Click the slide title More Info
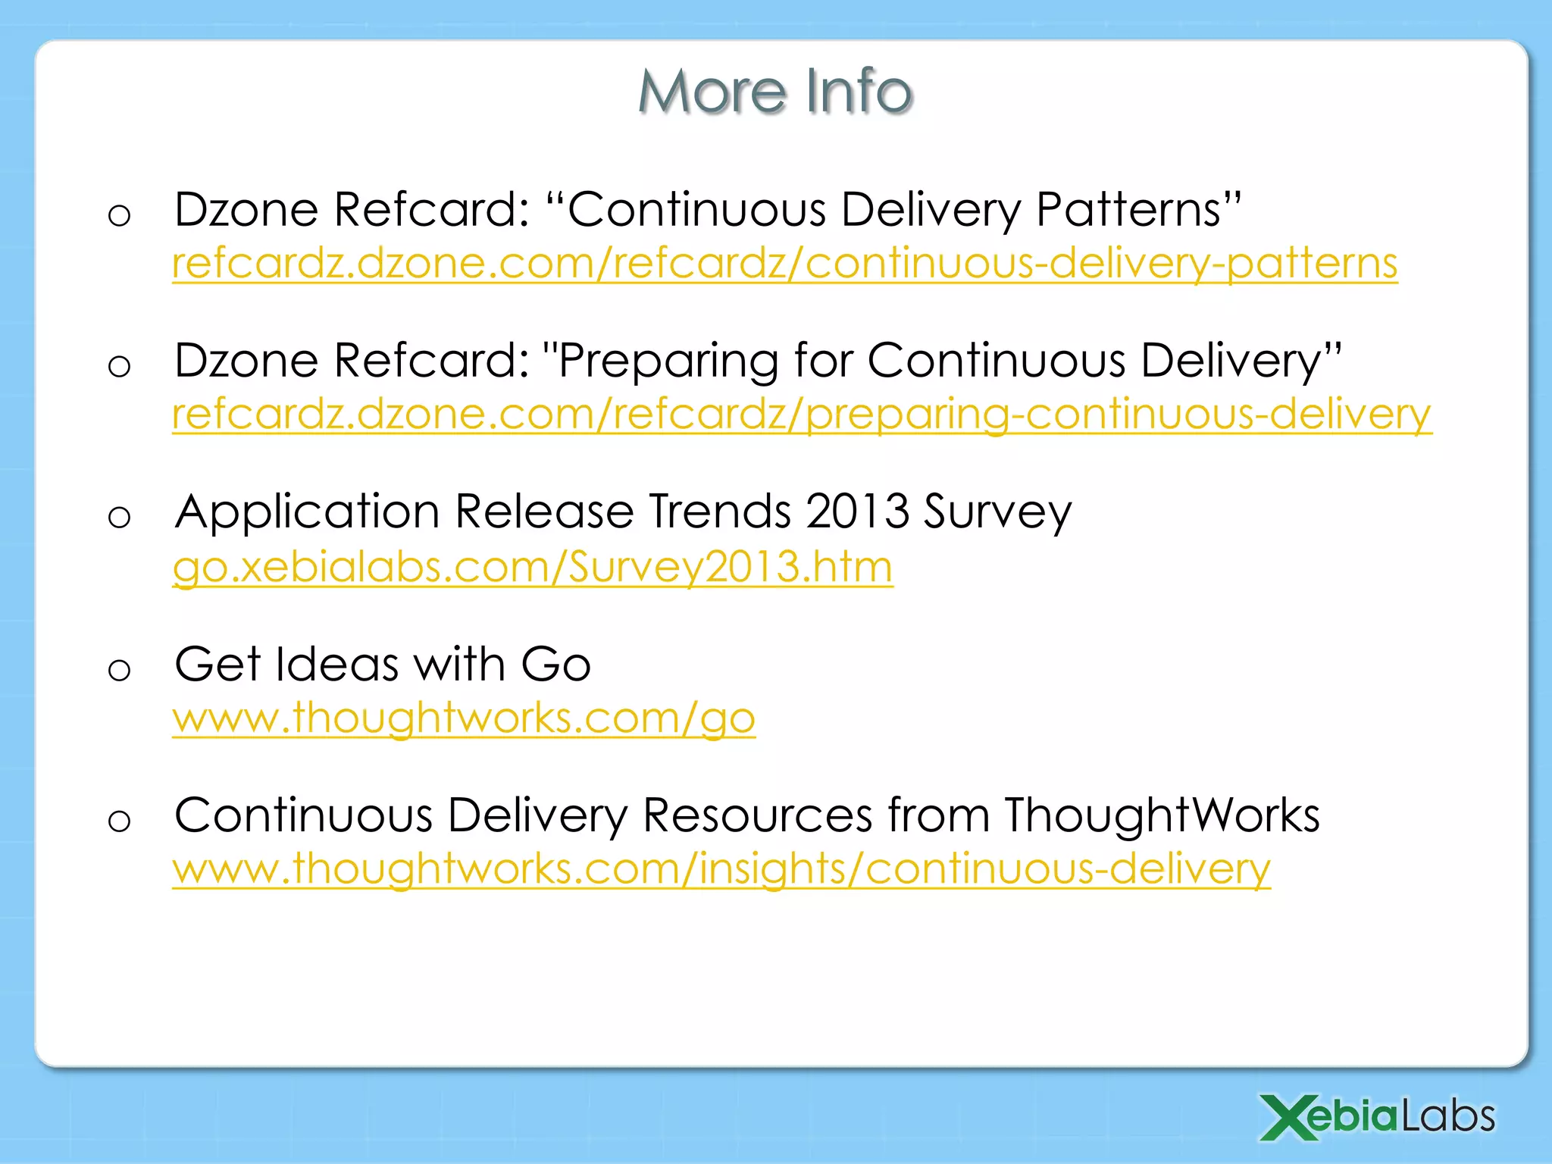tap(775, 91)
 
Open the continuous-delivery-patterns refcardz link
tap(784, 263)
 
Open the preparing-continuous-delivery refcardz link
tap(802, 414)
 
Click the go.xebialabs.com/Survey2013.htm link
tap(533, 566)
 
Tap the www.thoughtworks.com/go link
tap(464, 717)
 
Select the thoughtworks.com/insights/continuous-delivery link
tap(721, 868)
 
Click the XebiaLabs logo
tap(1377, 1117)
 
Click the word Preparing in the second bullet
tap(667, 361)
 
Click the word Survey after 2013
tap(997, 512)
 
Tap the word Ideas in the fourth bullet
tap(337, 664)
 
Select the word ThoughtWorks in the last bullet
tap(1162, 815)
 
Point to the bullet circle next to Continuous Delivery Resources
tap(120, 821)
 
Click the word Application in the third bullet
tap(307, 512)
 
